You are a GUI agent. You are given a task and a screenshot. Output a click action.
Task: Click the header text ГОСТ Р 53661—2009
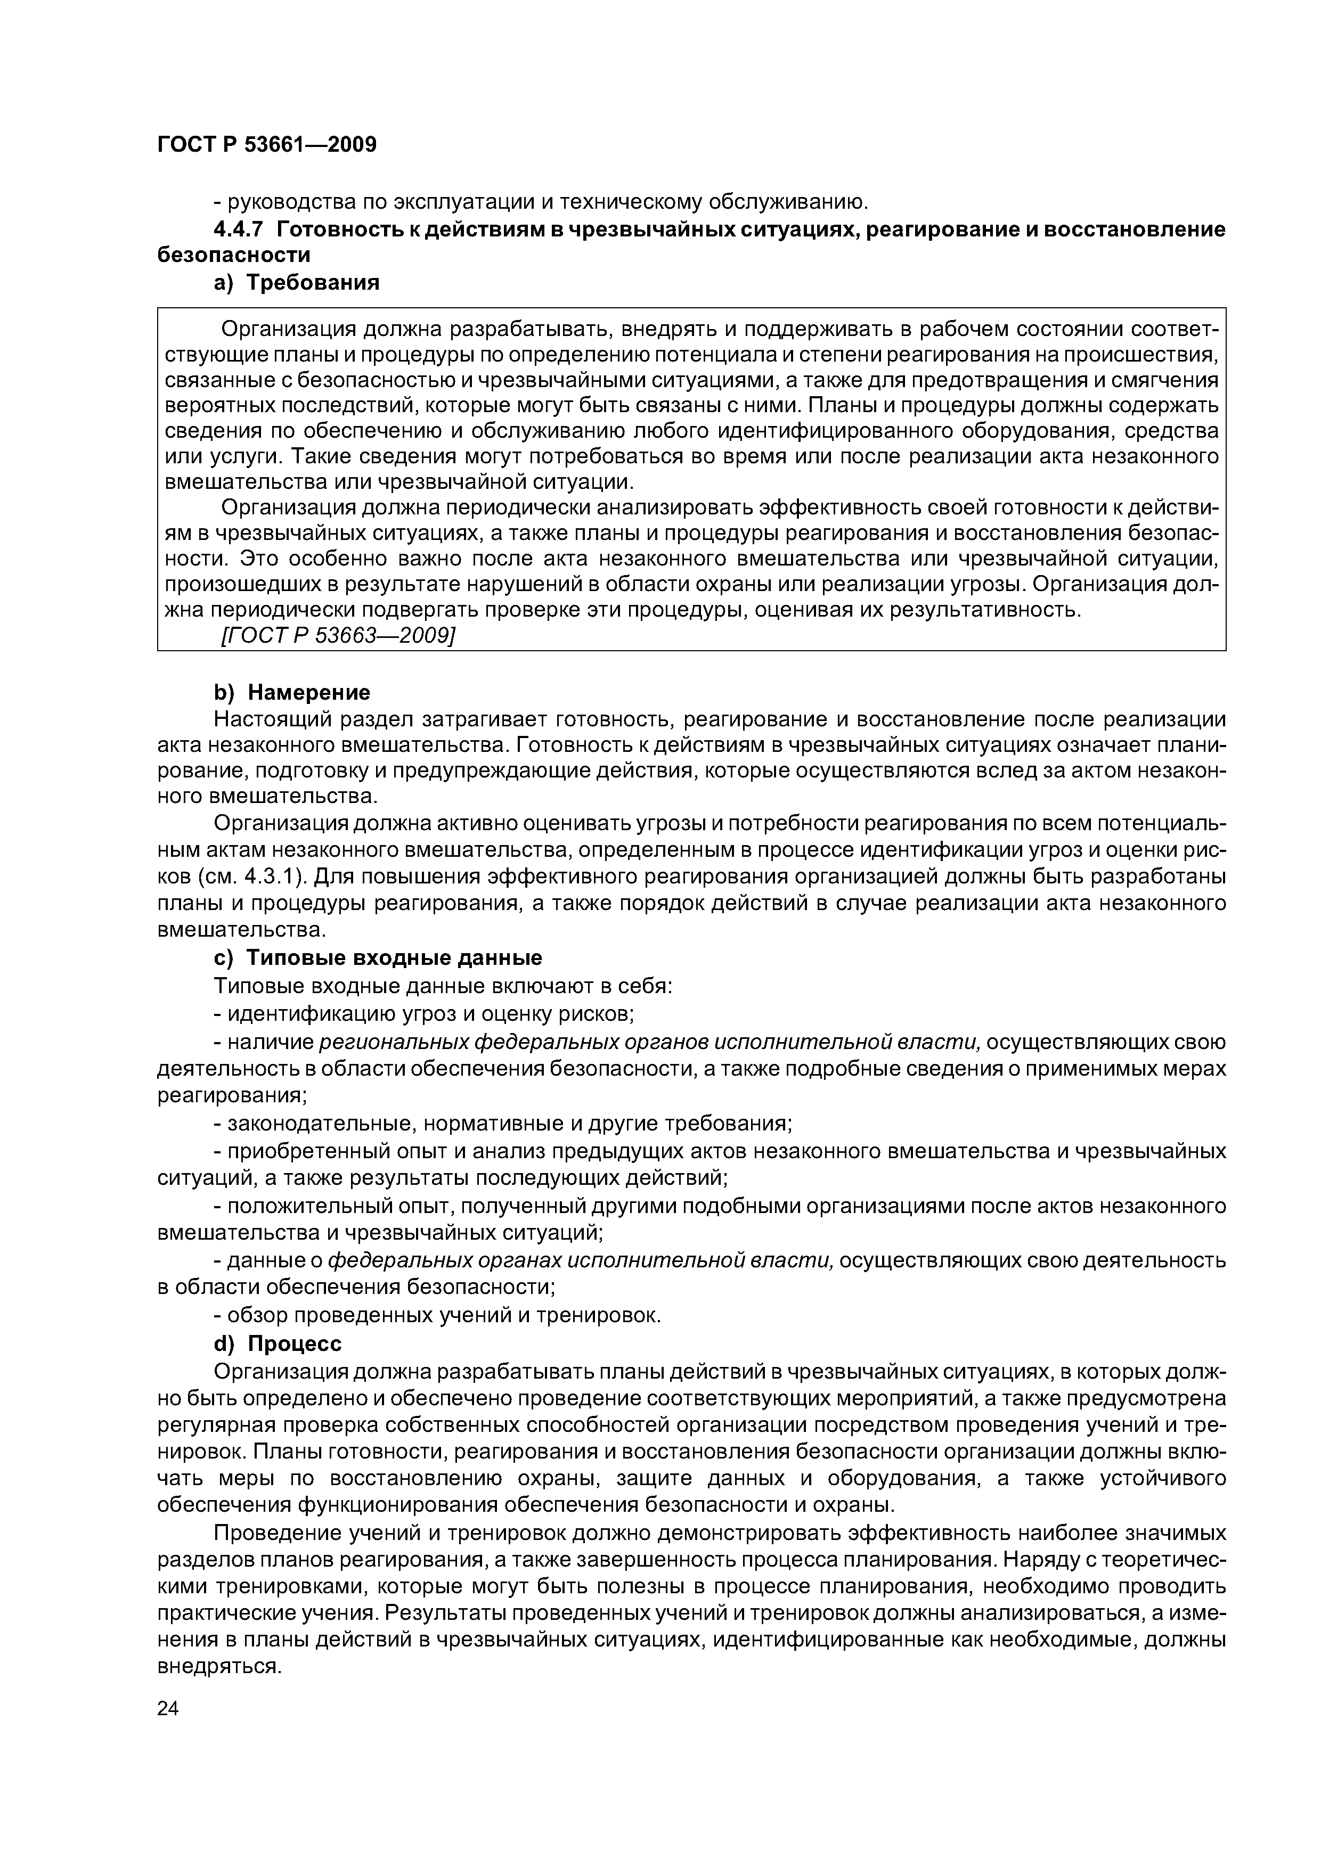pos(267,145)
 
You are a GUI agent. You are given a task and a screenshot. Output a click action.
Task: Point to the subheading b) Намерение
pos(291,692)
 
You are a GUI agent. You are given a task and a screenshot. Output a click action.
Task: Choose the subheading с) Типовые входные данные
pos(378,957)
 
